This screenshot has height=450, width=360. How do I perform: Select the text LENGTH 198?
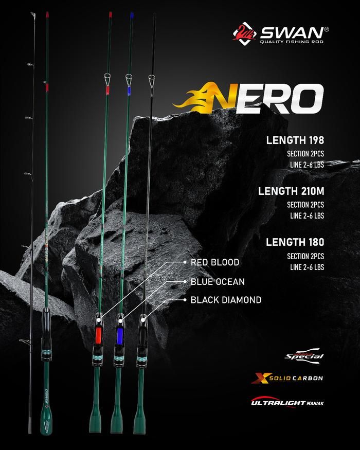tap(295, 140)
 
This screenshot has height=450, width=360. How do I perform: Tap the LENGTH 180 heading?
tap(295, 242)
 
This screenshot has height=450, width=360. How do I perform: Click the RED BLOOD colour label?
tap(215, 262)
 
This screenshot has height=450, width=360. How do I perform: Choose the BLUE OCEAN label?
tap(218, 282)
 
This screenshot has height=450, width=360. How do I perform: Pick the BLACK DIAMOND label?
tap(226, 300)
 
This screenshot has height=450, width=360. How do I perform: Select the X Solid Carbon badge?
tap(287, 379)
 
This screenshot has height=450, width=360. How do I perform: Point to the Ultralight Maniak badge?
tap(287, 402)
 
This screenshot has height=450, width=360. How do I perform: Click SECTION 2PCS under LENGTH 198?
tap(305, 154)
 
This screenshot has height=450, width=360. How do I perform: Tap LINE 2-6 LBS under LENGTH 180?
tap(307, 267)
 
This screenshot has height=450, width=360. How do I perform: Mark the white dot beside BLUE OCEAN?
tap(185, 282)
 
